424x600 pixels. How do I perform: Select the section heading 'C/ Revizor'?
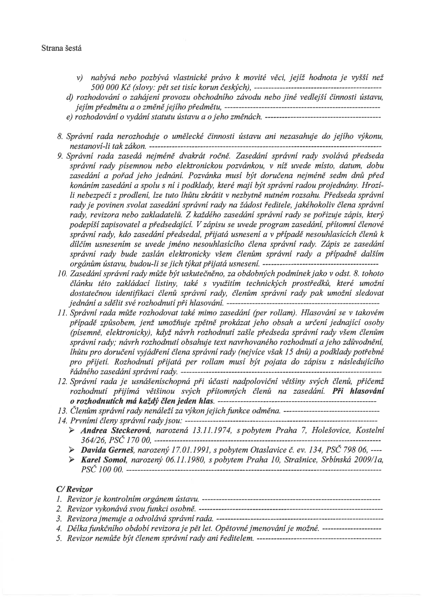point(74,490)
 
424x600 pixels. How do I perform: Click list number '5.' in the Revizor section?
point(59,538)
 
